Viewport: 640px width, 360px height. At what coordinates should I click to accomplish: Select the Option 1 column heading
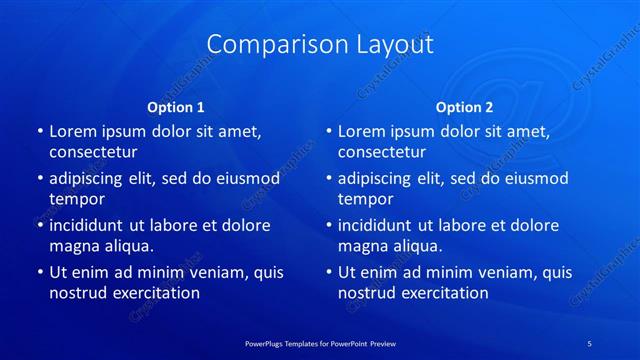click(176, 107)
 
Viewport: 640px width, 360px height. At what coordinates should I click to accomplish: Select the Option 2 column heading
click(464, 107)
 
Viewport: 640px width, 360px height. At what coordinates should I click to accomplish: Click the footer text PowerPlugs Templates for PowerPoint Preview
click(320, 342)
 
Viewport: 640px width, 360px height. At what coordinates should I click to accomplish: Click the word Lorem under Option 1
click(73, 131)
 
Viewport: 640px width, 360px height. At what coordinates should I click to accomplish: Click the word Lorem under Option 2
click(362, 131)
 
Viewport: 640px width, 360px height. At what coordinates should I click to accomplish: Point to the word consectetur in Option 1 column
click(93, 152)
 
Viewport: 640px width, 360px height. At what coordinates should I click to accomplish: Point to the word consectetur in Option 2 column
click(382, 152)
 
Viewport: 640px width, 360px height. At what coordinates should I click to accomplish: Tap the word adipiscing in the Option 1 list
click(90, 179)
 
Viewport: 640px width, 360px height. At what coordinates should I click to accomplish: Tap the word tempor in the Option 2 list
click(366, 199)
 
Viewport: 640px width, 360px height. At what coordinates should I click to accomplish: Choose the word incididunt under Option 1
click(90, 225)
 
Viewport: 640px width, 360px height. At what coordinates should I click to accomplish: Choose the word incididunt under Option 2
click(379, 225)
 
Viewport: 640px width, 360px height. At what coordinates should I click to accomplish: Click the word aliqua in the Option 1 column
click(129, 246)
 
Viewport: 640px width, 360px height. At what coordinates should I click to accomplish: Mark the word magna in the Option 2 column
click(362, 246)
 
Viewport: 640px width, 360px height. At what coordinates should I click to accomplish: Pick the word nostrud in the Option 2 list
click(366, 293)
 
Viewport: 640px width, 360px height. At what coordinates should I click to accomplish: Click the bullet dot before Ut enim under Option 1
click(39, 272)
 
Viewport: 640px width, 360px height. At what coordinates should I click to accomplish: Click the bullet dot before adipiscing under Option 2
click(328, 179)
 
